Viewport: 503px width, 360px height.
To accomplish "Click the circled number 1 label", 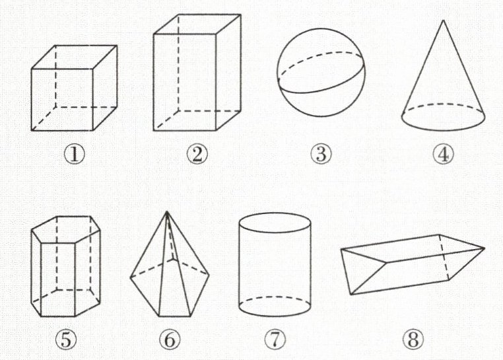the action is click(x=75, y=154).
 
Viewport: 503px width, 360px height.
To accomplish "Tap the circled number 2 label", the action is click(x=197, y=154).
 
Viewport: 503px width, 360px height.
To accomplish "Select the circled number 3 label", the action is click(x=321, y=154).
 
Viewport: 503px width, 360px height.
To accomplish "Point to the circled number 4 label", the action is click(x=444, y=154).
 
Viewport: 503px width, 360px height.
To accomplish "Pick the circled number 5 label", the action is click(x=66, y=340).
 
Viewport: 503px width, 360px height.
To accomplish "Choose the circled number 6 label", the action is click(x=170, y=340).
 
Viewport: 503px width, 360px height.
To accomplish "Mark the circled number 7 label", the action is click(x=275, y=340).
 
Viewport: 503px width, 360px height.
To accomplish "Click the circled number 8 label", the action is click(x=413, y=340).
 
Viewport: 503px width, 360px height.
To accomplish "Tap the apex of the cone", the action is click(x=444, y=20).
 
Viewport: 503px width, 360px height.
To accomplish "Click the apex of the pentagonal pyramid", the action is click(x=167, y=211).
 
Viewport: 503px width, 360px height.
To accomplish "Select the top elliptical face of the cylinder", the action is click(x=275, y=223).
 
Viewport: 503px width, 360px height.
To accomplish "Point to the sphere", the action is click(x=321, y=72).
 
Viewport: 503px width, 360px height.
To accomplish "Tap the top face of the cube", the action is click(x=74, y=57).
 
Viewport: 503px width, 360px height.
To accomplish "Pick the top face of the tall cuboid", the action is click(x=197, y=24).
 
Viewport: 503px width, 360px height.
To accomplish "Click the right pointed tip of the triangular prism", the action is click(x=484, y=248).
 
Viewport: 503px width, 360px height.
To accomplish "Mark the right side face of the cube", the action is click(x=105, y=88).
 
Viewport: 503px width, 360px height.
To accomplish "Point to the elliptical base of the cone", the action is click(x=444, y=117).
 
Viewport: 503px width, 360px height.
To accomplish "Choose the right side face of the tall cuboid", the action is click(x=228, y=72).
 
